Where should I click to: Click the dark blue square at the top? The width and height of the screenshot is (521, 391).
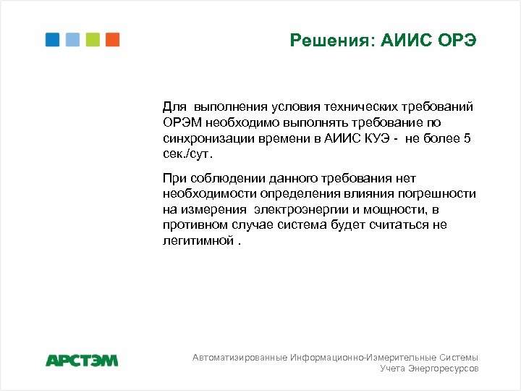tap(52, 39)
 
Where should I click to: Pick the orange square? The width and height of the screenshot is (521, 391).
tap(112, 39)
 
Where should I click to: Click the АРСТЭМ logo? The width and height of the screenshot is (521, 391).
tap(81, 360)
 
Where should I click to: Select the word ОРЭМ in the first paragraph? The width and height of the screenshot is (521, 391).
tap(181, 122)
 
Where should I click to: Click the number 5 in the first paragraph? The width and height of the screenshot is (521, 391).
tap(467, 138)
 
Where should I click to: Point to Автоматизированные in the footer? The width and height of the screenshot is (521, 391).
tap(240, 358)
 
